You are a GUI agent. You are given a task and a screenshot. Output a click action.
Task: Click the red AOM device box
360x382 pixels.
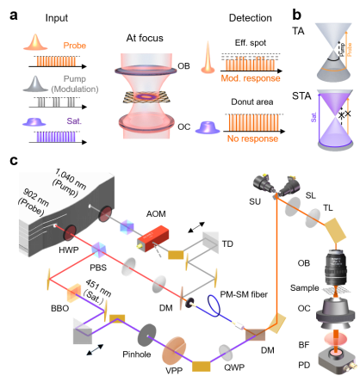[x=152, y=238]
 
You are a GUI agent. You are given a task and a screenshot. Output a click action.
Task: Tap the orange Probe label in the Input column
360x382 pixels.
[x=75, y=46]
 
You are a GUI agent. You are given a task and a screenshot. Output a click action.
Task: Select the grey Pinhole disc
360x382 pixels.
[x=147, y=336]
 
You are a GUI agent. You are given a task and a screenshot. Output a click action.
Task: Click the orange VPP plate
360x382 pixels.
[x=174, y=351]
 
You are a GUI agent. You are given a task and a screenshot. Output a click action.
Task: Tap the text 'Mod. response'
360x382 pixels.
[x=251, y=78]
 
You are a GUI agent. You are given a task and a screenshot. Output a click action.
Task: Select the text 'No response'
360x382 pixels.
[x=252, y=139]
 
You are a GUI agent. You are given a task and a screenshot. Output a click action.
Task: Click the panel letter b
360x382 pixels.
[x=297, y=15]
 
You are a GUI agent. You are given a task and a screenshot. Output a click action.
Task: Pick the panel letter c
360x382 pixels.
[x=14, y=161]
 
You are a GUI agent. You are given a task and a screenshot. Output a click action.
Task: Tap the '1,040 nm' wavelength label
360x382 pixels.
[x=71, y=179]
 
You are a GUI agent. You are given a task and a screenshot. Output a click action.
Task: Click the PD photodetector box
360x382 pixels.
[x=338, y=360]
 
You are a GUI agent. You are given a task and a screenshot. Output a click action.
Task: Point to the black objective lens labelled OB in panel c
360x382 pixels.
[x=336, y=268]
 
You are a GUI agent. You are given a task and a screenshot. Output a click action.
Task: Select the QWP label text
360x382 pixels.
[x=234, y=367]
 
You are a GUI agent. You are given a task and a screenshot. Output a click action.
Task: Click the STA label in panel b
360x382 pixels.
[x=301, y=95]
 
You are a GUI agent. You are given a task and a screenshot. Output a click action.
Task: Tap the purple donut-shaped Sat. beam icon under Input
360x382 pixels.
[x=34, y=121]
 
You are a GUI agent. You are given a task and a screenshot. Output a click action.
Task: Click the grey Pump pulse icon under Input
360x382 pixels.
[x=35, y=83]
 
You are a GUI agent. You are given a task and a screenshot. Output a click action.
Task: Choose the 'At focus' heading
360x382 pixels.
[x=145, y=38]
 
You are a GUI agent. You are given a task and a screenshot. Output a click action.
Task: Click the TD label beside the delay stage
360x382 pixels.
[x=227, y=244]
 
